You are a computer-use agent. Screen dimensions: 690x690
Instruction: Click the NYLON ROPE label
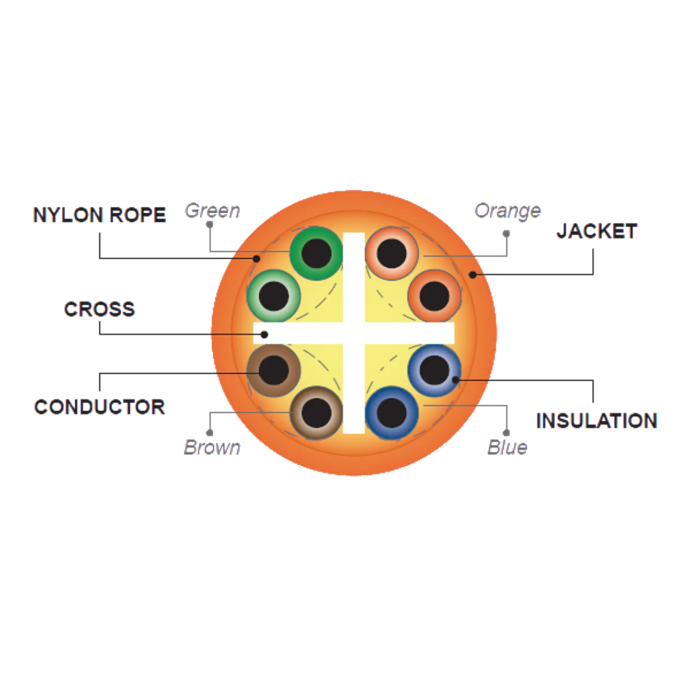click(100, 215)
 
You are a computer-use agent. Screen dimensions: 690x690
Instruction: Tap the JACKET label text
click(597, 231)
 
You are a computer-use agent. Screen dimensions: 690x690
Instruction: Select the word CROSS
click(100, 309)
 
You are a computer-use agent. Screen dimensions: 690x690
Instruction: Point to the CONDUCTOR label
click(100, 407)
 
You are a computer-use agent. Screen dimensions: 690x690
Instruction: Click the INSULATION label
click(597, 421)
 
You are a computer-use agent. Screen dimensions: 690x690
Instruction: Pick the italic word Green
click(212, 210)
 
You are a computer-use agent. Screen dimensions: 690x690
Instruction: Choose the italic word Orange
click(507, 211)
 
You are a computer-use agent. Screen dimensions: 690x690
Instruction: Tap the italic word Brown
click(212, 448)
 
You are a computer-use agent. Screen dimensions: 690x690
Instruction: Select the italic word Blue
click(507, 448)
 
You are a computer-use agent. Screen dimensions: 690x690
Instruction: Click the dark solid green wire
click(316, 253)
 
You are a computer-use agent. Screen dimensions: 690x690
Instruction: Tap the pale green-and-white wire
click(274, 296)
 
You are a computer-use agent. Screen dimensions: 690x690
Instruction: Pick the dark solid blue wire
click(392, 413)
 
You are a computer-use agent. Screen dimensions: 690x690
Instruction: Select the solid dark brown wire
click(274, 370)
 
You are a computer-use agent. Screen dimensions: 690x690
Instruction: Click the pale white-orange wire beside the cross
click(392, 253)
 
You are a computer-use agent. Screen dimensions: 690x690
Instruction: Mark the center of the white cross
click(354, 333)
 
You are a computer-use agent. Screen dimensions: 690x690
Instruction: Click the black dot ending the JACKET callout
click(472, 275)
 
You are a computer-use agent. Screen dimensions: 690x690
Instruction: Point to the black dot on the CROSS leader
click(264, 335)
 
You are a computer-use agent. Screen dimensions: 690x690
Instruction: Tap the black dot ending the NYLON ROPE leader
click(256, 259)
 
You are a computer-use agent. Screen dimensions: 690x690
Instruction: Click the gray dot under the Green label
click(210, 225)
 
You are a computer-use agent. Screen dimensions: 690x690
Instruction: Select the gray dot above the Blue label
click(506, 433)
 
